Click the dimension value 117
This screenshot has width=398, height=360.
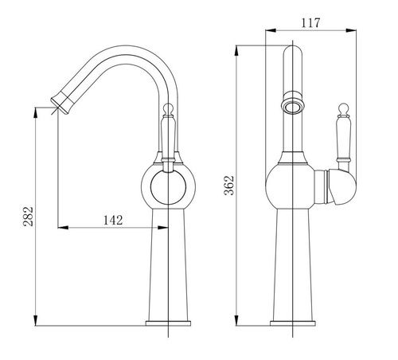click(310, 23)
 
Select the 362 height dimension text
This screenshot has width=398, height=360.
click(228, 186)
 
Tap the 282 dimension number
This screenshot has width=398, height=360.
click(28, 217)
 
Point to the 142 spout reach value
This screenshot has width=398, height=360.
click(113, 220)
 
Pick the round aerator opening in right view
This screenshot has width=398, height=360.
click(292, 108)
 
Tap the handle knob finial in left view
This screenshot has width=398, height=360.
click(168, 109)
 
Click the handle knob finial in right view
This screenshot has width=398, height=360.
click(343, 109)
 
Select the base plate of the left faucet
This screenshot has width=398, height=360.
click(168, 323)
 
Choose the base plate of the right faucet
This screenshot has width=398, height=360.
click(293, 323)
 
